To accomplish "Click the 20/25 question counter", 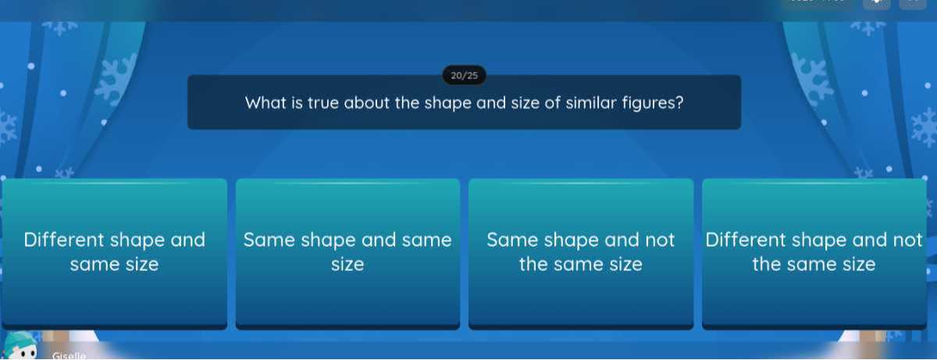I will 465,76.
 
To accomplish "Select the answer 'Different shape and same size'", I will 115,252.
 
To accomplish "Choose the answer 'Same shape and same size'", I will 347,252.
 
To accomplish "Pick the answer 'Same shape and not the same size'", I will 580,252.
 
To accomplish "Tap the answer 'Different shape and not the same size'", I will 814,252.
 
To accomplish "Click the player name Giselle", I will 69,355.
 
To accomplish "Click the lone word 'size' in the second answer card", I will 347,265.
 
